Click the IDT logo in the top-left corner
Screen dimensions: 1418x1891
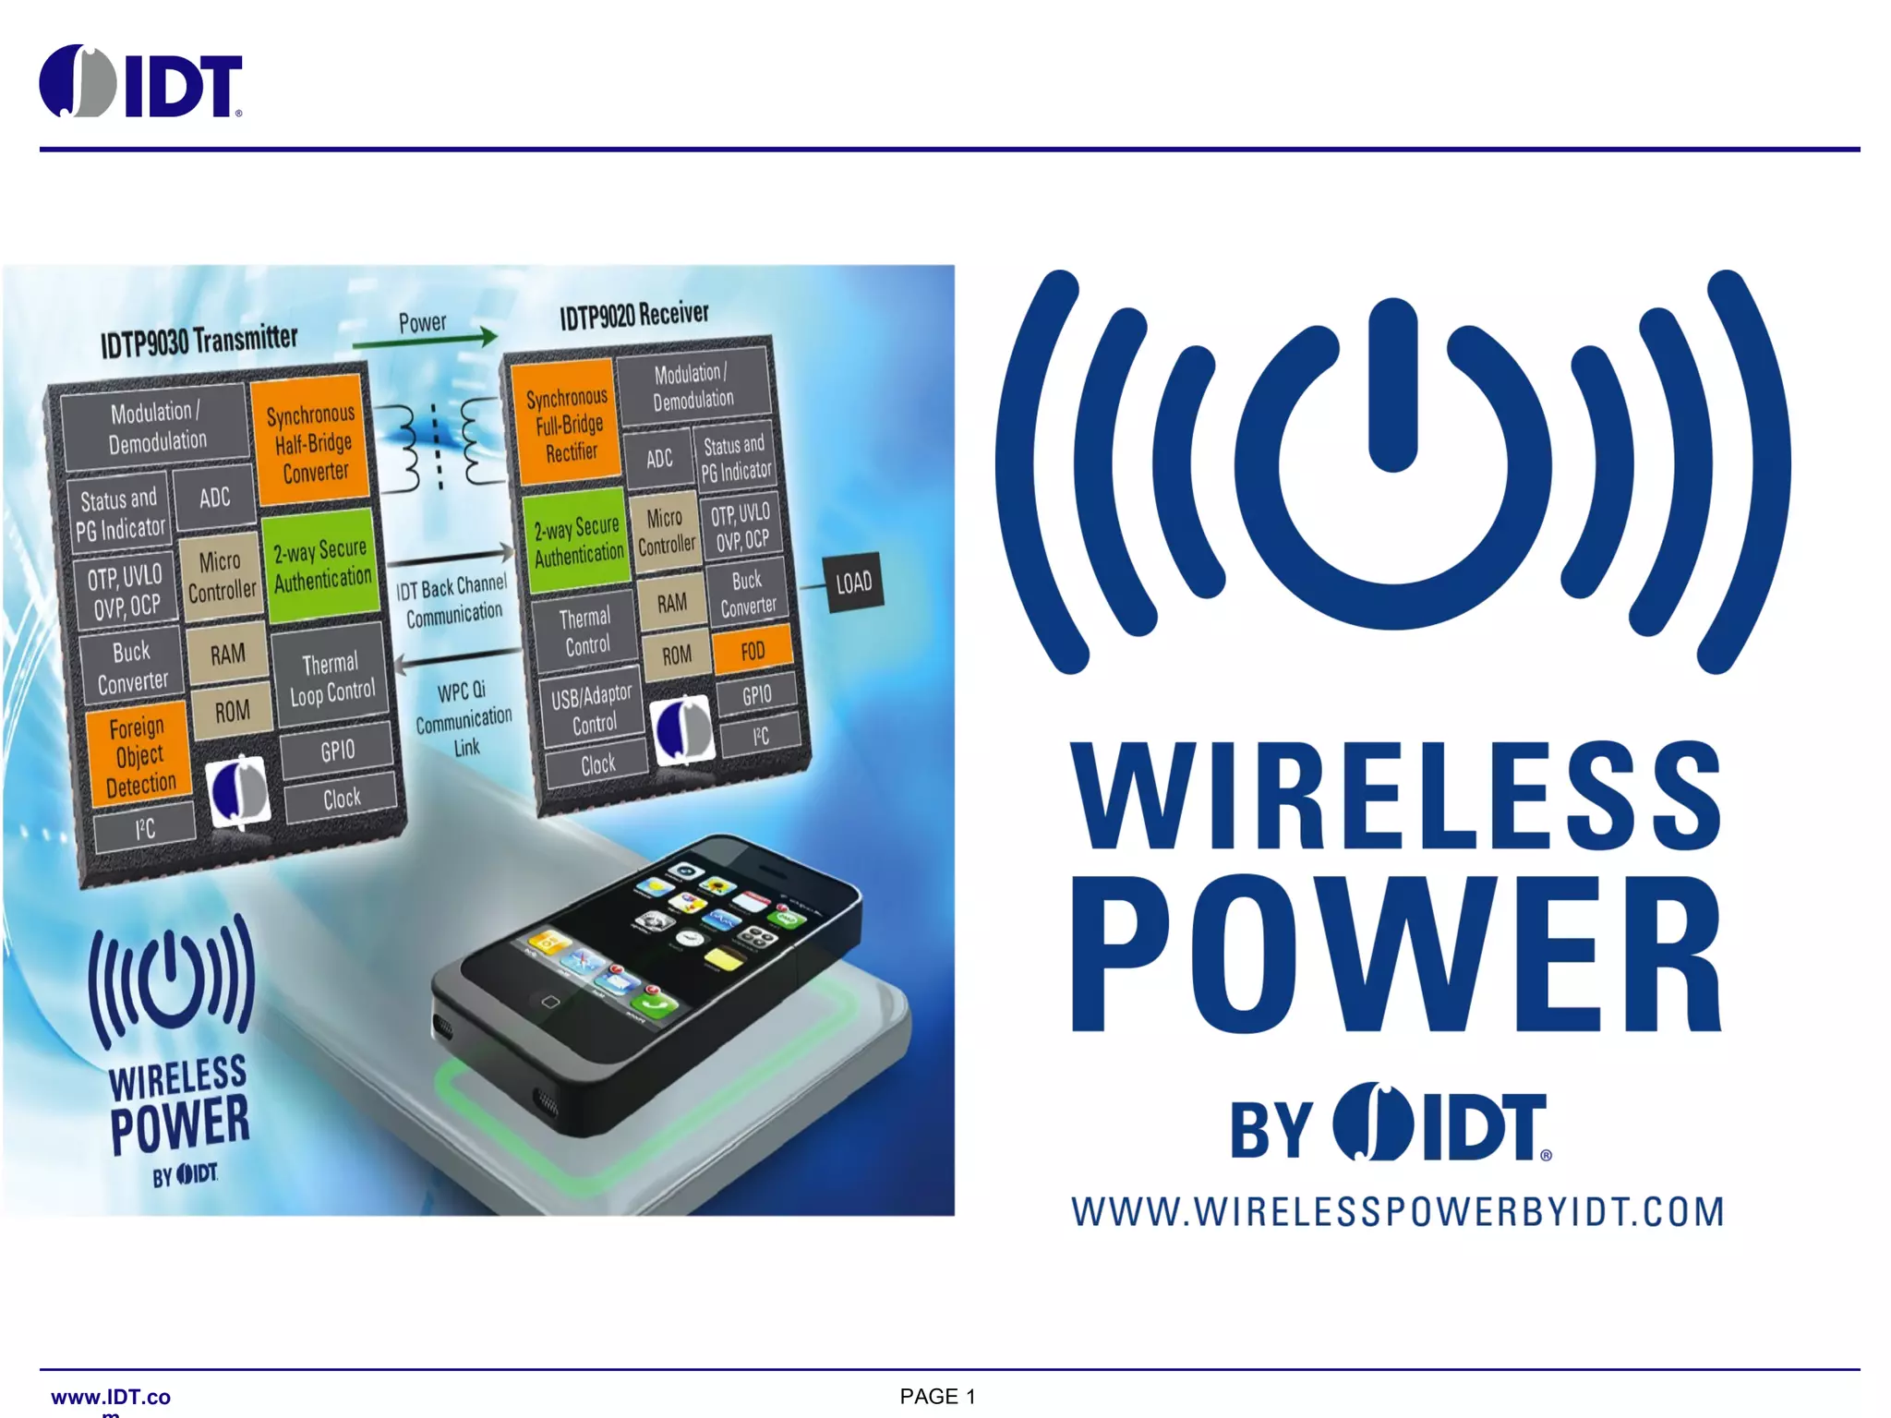tap(140, 82)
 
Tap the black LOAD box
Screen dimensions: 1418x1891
tap(853, 583)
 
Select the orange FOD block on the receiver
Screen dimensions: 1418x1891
tap(753, 650)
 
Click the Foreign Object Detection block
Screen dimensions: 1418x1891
tap(139, 755)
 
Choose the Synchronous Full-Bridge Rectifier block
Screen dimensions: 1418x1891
tap(568, 425)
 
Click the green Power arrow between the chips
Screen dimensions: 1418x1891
tap(425, 340)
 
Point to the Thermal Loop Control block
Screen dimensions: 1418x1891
tap(331, 678)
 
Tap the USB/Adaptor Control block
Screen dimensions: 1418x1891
tap(592, 708)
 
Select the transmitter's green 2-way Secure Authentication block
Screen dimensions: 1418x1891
tap(321, 564)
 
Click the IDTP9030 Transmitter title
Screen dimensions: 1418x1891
tap(199, 341)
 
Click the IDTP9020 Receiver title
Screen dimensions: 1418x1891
tap(634, 315)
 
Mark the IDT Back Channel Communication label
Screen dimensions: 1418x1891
tap(452, 600)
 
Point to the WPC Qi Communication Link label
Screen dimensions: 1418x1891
tap(464, 718)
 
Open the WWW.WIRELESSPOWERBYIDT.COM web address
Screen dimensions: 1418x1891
tap(1397, 1211)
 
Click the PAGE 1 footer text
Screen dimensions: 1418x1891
tap(937, 1397)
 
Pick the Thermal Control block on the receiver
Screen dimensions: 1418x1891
tap(585, 631)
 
